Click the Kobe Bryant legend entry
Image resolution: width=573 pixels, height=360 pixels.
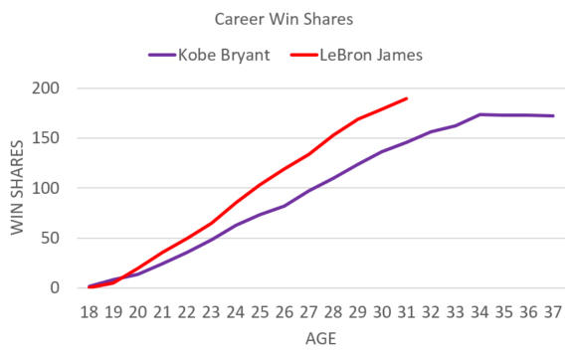pyautogui.click(x=224, y=55)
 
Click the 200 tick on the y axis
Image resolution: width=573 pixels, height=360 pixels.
pyautogui.click(x=47, y=88)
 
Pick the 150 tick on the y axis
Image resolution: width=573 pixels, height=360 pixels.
pyautogui.click(x=47, y=138)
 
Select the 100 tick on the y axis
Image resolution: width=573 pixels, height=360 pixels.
pyautogui.click(x=47, y=188)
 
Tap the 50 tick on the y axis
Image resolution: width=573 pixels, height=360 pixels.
pyautogui.click(x=51, y=239)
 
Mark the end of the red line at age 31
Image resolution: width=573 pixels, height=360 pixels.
pyautogui.click(x=407, y=98)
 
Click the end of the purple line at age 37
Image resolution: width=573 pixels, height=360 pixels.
pyautogui.click(x=553, y=115)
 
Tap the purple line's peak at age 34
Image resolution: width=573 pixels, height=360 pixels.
pyautogui.click(x=480, y=114)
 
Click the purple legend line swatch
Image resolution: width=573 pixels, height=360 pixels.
pyautogui.click(x=161, y=55)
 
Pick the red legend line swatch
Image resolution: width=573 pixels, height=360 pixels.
pyautogui.click(x=303, y=55)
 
